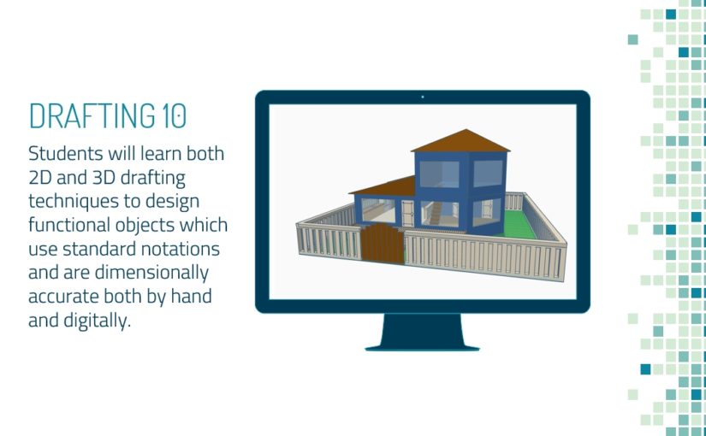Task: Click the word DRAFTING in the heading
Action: [x=90, y=115]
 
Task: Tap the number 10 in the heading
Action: [x=173, y=115]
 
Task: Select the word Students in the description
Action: [x=66, y=153]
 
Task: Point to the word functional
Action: [x=70, y=225]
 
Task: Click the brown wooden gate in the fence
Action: [x=383, y=244]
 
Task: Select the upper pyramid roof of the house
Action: [x=460, y=141]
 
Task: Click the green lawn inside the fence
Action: [x=519, y=224]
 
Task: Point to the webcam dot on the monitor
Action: [x=423, y=97]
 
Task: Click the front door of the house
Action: [x=407, y=213]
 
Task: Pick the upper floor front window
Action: [x=439, y=174]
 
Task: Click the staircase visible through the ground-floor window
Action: [x=436, y=214]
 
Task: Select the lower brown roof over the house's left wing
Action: [x=383, y=186]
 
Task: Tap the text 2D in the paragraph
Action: [x=39, y=178]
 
